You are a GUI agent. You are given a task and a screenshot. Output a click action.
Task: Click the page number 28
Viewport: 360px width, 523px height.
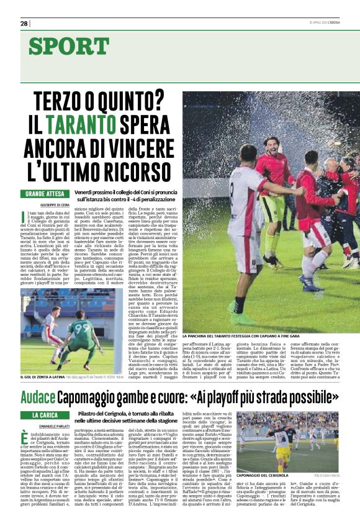[x=24, y=24]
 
